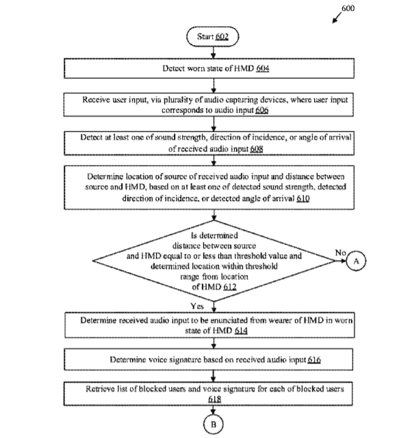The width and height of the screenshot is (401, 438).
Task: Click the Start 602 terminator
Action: coord(213,37)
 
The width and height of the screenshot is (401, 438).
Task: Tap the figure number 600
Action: coord(348,8)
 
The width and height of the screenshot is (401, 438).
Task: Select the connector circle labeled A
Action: coord(356,261)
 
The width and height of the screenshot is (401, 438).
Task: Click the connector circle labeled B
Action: coord(214,424)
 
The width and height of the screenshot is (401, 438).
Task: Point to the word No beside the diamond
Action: coord(341,253)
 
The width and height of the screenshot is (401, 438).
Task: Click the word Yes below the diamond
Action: coord(197,306)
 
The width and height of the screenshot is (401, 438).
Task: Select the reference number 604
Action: coord(263,68)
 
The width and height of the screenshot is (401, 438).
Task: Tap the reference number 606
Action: coord(262,110)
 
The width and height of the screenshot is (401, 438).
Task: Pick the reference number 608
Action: coord(257,149)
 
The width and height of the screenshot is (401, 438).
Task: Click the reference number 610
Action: coord(303,198)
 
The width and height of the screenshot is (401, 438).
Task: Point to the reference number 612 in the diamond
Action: coord(230,287)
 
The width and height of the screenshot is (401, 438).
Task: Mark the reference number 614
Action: coord(241,331)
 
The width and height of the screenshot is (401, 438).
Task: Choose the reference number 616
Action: coord(314,359)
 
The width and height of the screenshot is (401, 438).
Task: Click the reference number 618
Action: coord(215,399)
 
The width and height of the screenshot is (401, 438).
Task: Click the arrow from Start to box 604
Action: coord(214,53)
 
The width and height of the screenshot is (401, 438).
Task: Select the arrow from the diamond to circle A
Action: coord(341,261)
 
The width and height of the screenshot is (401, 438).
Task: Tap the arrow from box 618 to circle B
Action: coord(214,410)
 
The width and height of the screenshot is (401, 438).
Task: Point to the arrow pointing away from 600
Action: coord(337,18)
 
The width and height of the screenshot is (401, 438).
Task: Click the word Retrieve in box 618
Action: coord(99,389)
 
